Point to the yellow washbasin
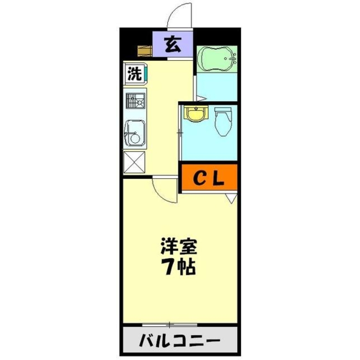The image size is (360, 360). coord(196,114)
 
